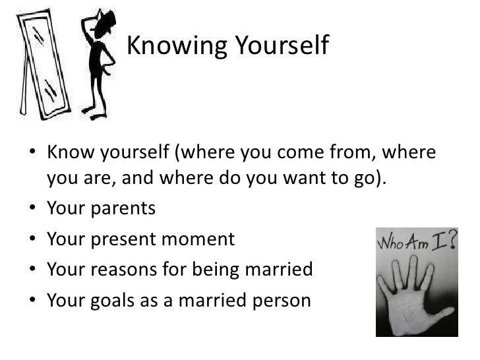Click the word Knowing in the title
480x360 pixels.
[169, 45]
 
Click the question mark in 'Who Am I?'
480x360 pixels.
[452, 241]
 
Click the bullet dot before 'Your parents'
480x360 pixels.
[34, 210]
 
